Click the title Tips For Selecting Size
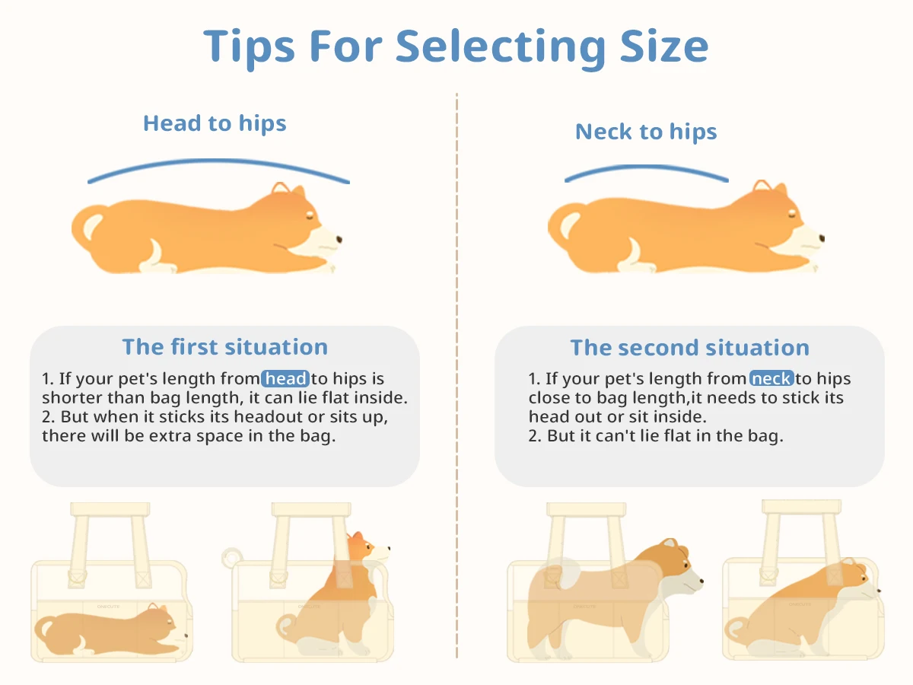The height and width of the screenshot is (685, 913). [x=456, y=47]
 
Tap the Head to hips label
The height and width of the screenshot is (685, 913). [x=215, y=123]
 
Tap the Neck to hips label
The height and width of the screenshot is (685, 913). [x=646, y=132]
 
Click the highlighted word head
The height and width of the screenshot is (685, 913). [x=285, y=378]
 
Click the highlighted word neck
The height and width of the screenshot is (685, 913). [x=771, y=378]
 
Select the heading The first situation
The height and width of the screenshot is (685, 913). [x=225, y=347]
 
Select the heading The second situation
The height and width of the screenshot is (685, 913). [x=689, y=348]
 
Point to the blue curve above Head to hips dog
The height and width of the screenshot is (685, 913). [x=218, y=160]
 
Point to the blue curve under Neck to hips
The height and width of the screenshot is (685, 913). [x=647, y=167]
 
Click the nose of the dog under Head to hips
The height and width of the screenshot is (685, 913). [x=339, y=239]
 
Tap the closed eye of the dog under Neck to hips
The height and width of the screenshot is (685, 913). [x=791, y=214]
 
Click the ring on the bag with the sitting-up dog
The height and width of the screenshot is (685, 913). [x=232, y=557]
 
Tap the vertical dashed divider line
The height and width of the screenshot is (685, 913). [x=456, y=375]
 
